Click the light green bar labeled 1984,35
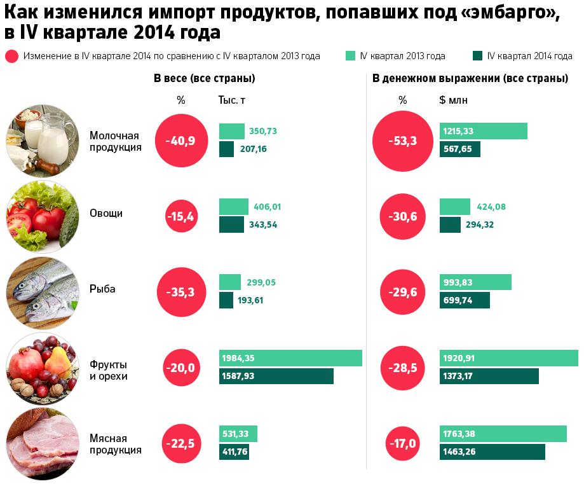290,358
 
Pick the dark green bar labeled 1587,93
276,376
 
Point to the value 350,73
263,131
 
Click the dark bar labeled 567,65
459,149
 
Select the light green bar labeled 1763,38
503,434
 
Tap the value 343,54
263,225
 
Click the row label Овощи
106,213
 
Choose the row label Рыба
102,289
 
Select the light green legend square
350,55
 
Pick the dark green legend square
478,55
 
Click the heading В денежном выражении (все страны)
470,79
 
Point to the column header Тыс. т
231,100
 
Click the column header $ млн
453,100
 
